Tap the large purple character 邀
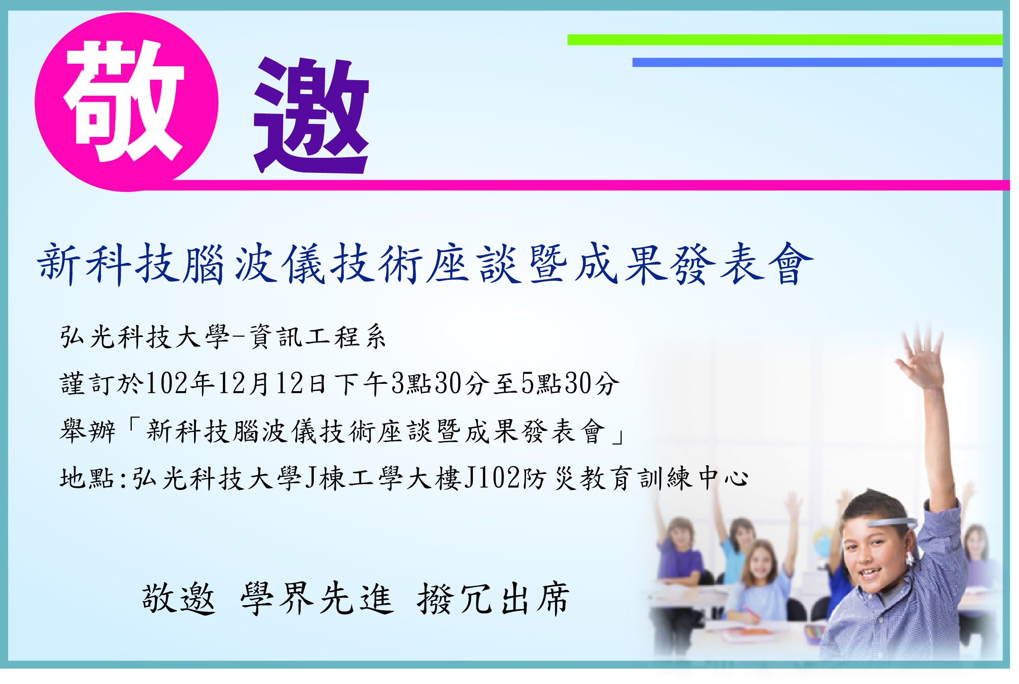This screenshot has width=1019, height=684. click(311, 115)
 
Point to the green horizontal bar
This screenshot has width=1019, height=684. click(785, 40)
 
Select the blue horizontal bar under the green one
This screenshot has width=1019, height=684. click(817, 62)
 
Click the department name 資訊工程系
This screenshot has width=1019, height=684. click(318, 337)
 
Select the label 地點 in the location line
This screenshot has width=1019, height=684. click(87, 478)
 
